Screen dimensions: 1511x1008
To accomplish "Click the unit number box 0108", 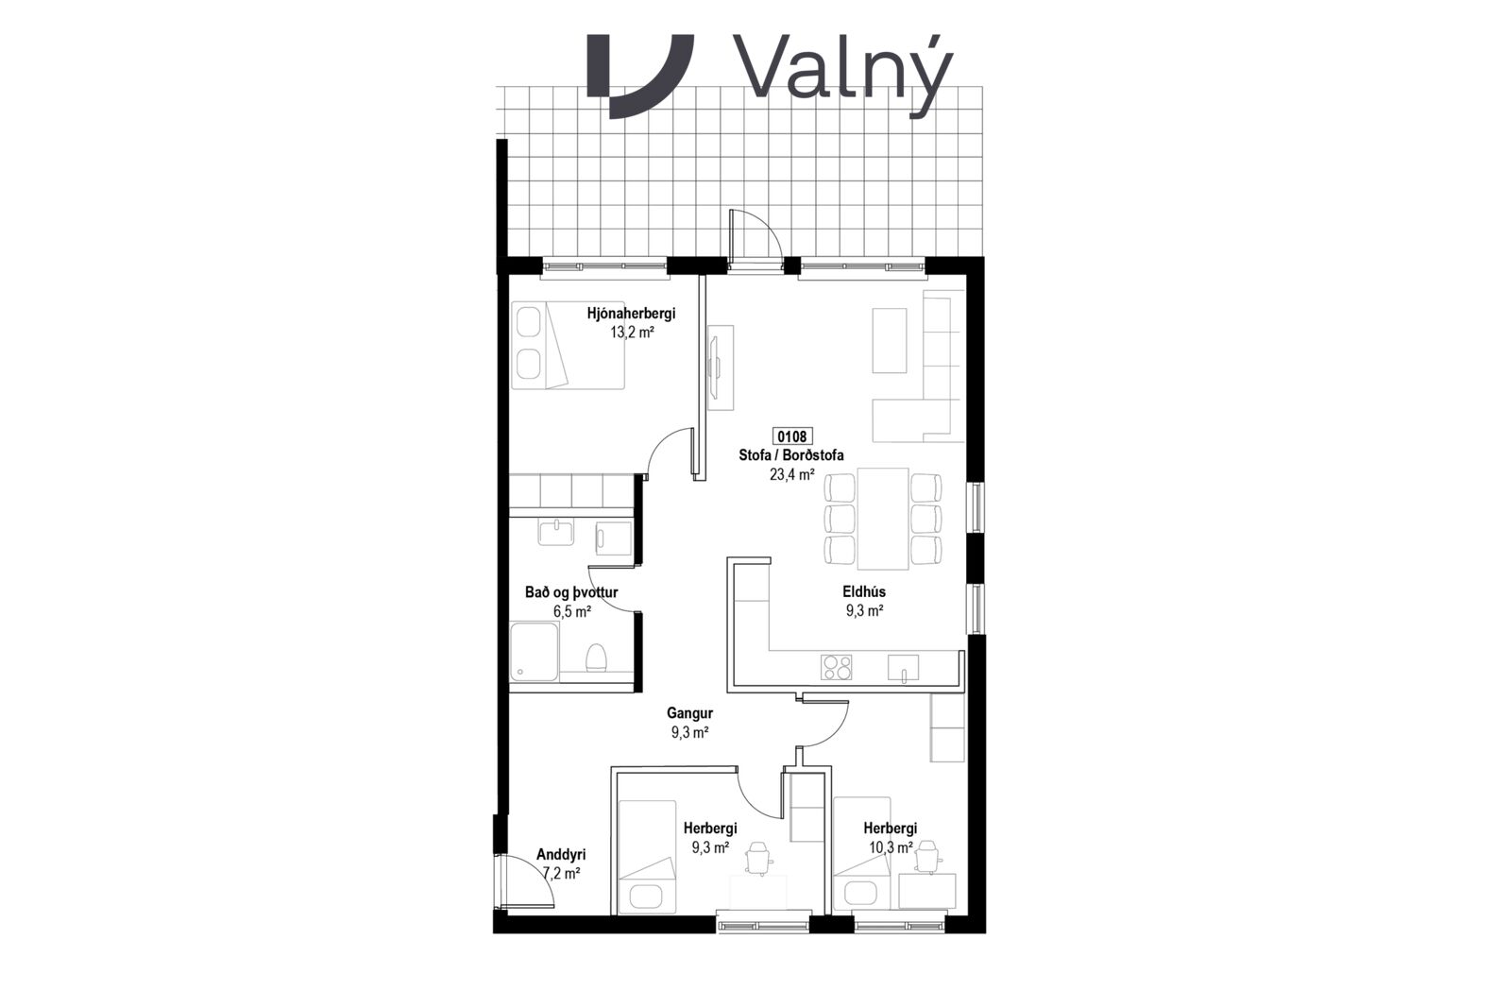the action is tap(791, 436).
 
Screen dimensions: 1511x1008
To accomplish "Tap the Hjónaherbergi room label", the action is tap(631, 313).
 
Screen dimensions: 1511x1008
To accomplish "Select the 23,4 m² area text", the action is tap(791, 474).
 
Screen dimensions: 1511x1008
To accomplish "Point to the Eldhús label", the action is tap(864, 591).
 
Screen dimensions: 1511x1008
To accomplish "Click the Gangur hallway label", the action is tap(689, 712).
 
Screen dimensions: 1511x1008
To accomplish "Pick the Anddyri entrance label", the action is tap(561, 855).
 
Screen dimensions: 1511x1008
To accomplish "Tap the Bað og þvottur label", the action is tap(571, 592).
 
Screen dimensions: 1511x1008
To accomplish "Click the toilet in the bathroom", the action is tap(595, 658).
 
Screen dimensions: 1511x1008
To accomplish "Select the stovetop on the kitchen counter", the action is tap(837, 667).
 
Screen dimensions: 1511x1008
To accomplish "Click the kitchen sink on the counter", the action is tap(903, 667).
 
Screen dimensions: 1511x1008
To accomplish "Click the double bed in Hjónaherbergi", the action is tap(568, 345).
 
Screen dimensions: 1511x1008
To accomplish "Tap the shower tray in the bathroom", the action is tap(535, 652).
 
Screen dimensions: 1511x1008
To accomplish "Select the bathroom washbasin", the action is tap(556, 532).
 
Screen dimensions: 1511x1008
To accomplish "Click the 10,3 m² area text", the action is tap(891, 846).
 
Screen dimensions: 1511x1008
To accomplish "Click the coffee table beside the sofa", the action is tap(889, 340).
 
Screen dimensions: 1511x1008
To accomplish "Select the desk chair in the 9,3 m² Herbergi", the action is tap(758, 858).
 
